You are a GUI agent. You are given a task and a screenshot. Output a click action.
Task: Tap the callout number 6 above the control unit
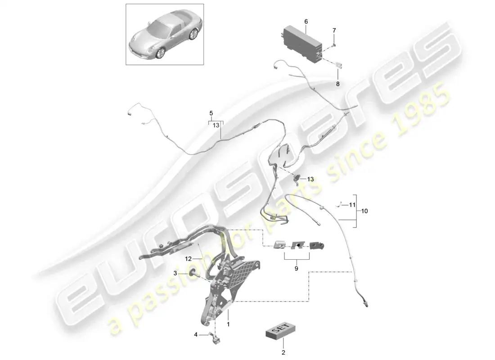tap(306, 21)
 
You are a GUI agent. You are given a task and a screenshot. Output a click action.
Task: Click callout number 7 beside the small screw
tap(334, 31)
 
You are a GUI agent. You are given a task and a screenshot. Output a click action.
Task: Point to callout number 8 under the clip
tap(337, 84)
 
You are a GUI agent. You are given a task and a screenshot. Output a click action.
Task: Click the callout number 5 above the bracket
tap(211, 113)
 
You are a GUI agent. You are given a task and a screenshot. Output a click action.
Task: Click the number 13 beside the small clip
tap(310, 179)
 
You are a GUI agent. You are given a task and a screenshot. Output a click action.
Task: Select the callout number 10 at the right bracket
tap(364, 211)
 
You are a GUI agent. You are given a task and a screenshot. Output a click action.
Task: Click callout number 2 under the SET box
tap(283, 353)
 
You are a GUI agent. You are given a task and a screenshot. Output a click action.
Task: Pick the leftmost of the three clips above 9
tap(279, 244)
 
